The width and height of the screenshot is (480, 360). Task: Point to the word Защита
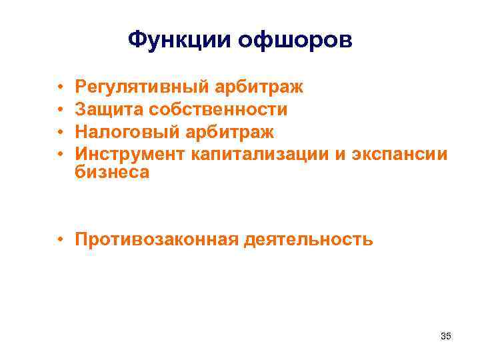pos(109,109)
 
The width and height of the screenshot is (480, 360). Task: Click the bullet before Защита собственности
pos(60,109)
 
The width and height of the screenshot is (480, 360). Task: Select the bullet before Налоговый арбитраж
pos(60,131)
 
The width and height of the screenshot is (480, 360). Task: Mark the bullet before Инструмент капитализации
pos(60,152)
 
